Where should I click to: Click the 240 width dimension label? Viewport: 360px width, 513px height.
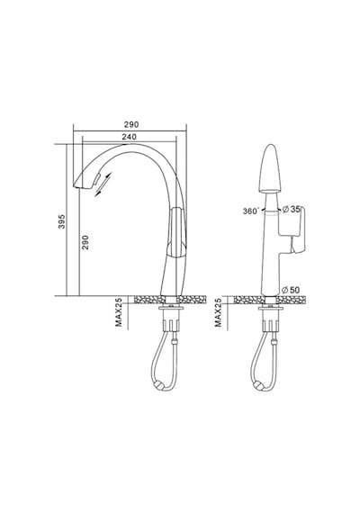coord(129,137)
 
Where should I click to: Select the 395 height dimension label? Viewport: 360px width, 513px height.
coord(61,221)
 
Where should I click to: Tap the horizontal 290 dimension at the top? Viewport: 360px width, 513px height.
coord(131,125)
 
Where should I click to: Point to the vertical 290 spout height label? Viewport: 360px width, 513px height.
coord(85,242)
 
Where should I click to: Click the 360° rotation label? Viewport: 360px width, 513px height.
coord(251,211)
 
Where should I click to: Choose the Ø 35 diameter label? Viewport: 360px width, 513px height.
coord(291,209)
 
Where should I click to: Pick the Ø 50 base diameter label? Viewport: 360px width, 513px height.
coord(291,290)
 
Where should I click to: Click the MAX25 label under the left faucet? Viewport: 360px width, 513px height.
coord(119,312)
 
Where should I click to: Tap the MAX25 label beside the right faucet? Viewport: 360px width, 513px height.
coord(218,312)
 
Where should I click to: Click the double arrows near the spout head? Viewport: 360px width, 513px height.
coord(103,184)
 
